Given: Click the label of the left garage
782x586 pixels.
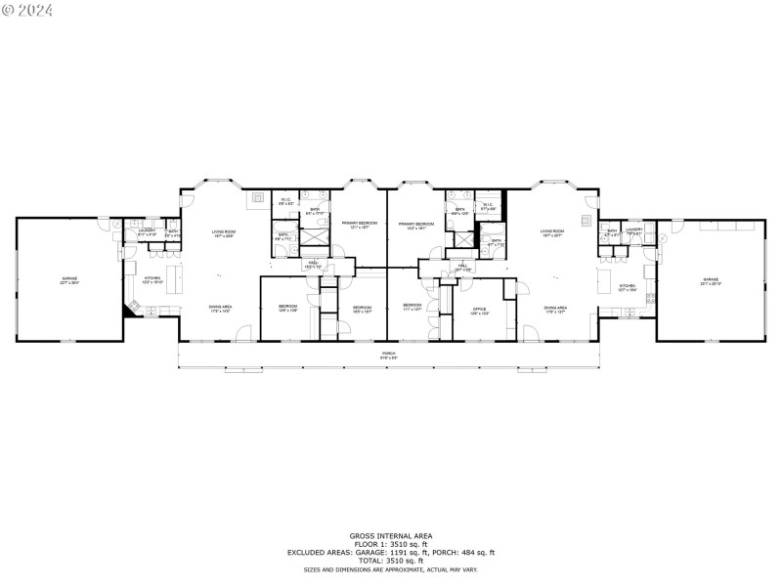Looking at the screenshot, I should [69, 280].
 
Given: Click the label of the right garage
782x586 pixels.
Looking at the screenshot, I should [710, 281].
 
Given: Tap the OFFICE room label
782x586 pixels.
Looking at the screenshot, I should [479, 312].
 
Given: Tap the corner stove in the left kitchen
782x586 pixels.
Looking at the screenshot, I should [129, 309].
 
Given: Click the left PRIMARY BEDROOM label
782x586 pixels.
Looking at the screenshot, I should [359, 226].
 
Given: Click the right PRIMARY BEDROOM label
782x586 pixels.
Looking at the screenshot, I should [416, 226].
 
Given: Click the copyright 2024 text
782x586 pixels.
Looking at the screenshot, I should [27, 10].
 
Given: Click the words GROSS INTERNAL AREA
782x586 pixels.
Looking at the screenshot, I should [390, 535].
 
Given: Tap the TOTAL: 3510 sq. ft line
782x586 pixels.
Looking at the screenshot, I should [390, 561].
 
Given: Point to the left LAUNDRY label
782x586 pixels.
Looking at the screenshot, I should [147, 232].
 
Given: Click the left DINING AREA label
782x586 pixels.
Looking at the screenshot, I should [220, 308].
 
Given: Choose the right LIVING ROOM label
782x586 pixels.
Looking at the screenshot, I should [553, 233].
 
